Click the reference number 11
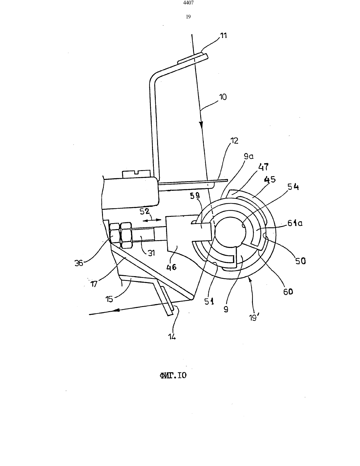coord(224,35)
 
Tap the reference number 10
coord(223,97)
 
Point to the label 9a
coord(249,156)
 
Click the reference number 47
coord(263,167)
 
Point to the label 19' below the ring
coord(253,317)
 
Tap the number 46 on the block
coord(171,267)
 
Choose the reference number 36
coord(79,263)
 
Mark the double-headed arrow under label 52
coord(152,220)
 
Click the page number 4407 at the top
coord(188,3)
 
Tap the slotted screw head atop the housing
coord(136,174)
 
